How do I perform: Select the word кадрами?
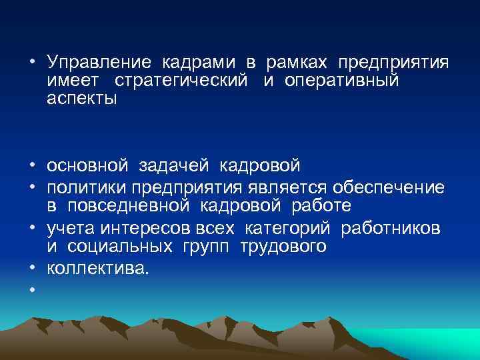[x=199, y=63]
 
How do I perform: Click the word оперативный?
[x=341, y=81]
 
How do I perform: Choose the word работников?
[x=390, y=229]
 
